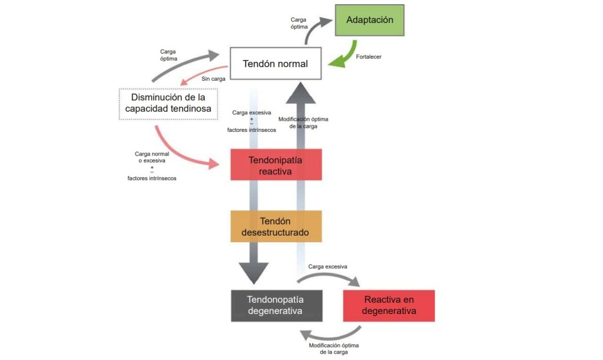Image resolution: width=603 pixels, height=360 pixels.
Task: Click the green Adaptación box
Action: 369,20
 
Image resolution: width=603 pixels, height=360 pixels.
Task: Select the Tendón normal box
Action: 276,63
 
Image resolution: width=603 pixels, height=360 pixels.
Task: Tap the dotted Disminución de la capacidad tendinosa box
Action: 168,104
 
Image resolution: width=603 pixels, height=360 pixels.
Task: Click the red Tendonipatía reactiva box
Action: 276,165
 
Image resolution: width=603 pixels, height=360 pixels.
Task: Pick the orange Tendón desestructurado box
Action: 276,226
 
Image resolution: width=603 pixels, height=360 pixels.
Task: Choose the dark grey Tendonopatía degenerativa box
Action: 276,305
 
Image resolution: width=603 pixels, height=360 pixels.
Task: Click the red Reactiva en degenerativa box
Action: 389,305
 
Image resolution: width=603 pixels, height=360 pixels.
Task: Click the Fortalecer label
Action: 370,57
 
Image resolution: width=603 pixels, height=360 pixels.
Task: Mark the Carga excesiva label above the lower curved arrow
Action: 328,266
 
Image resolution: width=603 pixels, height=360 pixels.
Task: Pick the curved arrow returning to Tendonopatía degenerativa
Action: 330,336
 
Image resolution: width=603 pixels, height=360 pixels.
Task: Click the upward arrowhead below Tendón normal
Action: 305,93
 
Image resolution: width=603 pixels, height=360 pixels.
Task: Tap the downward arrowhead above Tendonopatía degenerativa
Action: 254,272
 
